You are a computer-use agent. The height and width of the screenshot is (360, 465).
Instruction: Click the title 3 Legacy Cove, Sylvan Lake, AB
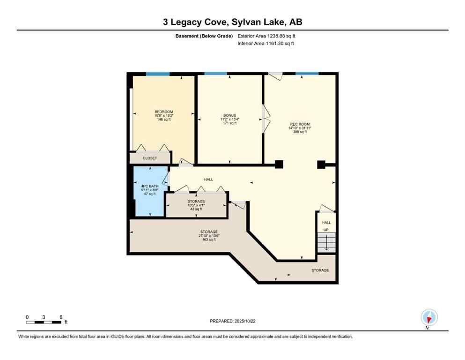[232, 22]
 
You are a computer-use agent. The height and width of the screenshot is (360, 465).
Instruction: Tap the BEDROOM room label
[163, 112]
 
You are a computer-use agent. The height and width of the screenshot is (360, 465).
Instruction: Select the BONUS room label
[229, 115]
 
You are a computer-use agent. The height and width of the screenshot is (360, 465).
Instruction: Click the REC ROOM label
[300, 124]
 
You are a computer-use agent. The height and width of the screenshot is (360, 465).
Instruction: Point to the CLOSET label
[150, 158]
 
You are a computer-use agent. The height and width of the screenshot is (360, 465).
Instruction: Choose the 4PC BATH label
[150, 186]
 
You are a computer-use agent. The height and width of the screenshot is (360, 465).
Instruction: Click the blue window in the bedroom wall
[157, 74]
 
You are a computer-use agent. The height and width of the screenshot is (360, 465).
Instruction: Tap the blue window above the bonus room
[216, 74]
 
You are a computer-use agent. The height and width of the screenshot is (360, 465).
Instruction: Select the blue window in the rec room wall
[307, 74]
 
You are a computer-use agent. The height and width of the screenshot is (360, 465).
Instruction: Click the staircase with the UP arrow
[326, 242]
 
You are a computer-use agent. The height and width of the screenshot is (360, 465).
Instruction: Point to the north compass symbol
[429, 318]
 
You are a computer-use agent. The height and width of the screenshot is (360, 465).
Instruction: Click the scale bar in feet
[44, 322]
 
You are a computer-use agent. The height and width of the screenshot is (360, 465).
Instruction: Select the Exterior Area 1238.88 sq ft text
[266, 36]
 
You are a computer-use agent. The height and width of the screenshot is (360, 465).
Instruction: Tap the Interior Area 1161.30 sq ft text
[266, 44]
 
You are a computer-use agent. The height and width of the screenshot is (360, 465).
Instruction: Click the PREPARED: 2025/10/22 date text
[232, 321]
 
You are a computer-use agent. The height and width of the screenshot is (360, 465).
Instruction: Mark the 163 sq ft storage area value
[209, 240]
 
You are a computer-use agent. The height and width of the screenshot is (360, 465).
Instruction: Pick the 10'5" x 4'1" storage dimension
[196, 205]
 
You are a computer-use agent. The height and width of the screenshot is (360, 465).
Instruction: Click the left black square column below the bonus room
[279, 164]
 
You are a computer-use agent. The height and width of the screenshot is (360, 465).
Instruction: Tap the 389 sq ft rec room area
[300, 132]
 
